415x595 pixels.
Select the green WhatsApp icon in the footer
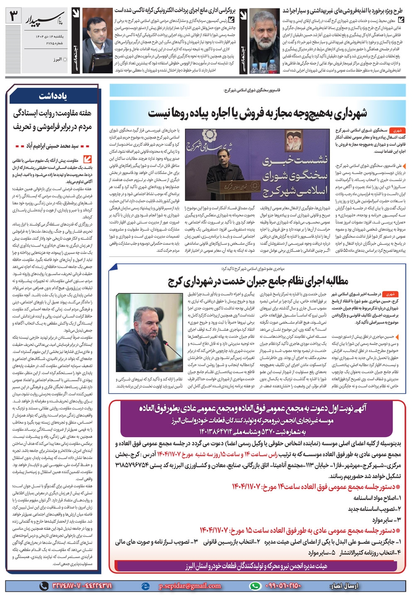pyautogui.click(x=255, y=585)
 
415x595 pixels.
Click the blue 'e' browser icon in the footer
pyautogui.click(x=145, y=586)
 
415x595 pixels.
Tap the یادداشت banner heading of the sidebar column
pyautogui.click(x=54, y=96)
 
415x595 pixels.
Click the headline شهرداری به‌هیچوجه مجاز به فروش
pyautogui.click(x=257, y=113)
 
